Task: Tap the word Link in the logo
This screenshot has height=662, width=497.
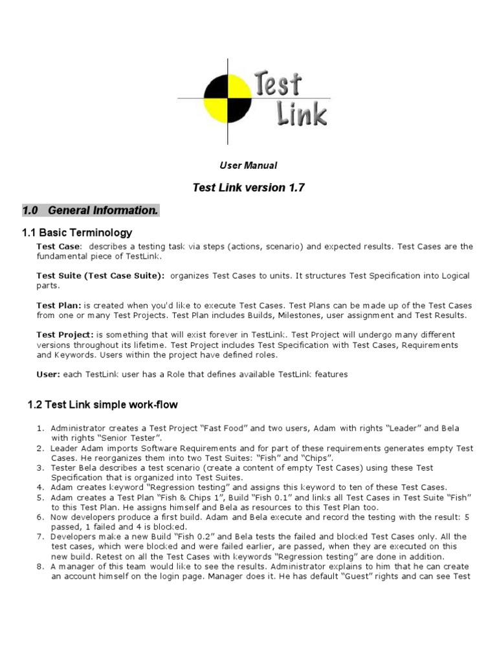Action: pyautogui.click(x=301, y=114)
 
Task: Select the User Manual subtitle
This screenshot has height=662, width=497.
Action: pyautogui.click(x=248, y=166)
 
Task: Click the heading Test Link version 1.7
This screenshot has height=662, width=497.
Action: pyautogui.click(x=248, y=188)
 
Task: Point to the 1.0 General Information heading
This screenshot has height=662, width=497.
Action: pyautogui.click(x=90, y=211)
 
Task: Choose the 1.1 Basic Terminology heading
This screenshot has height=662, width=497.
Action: pyautogui.click(x=77, y=233)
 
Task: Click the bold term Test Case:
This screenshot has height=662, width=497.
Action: pyautogui.click(x=59, y=246)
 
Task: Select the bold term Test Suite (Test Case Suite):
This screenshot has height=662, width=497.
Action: pyautogui.click(x=100, y=275)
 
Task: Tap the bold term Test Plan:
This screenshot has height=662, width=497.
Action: pyautogui.click(x=59, y=305)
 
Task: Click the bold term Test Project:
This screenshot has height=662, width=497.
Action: pyautogui.click(x=65, y=335)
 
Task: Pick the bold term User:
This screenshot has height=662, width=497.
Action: pyautogui.click(x=49, y=374)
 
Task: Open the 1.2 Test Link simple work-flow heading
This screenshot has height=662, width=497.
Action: pyautogui.click(x=102, y=405)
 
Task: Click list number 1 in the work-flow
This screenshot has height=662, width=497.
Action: pyautogui.click(x=39, y=428)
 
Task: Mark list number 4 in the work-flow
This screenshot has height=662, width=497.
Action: pyautogui.click(x=39, y=487)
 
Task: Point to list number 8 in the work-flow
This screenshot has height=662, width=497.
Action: pyautogui.click(x=39, y=566)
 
